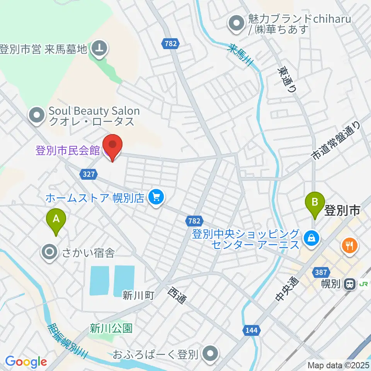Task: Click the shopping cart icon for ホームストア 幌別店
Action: [156, 198]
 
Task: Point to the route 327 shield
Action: [88, 174]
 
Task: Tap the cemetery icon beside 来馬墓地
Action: [99, 49]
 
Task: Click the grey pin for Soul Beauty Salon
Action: [37, 115]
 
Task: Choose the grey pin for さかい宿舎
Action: [50, 253]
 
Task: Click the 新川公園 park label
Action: [111, 328]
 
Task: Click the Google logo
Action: [26, 362]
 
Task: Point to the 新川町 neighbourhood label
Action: [139, 296]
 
